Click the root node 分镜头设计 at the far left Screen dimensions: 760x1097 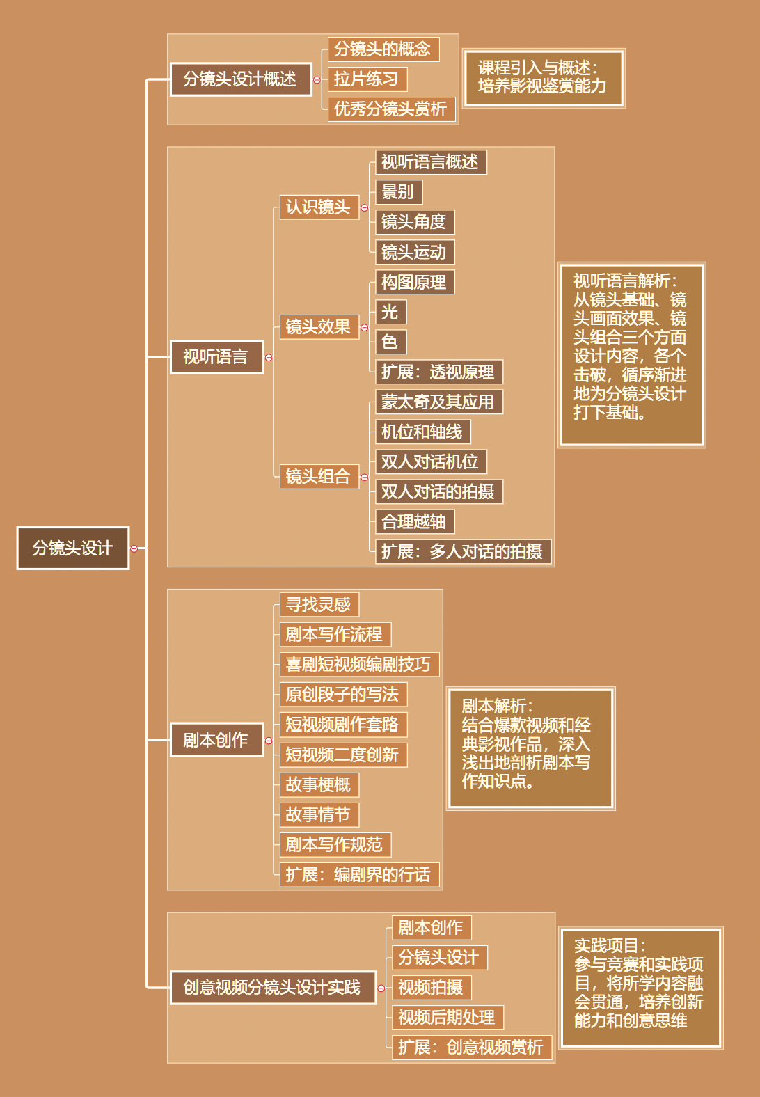[73, 548]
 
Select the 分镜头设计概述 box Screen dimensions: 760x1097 [241, 79]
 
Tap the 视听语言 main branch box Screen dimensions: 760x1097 [216, 357]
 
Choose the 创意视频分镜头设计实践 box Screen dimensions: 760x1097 [273, 988]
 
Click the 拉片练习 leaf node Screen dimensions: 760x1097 [367, 79]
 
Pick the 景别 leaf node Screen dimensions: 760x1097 [399, 192]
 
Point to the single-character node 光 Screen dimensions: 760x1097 [390, 312]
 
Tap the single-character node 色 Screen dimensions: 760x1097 [390, 342]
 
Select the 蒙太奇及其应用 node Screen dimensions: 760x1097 [438, 402]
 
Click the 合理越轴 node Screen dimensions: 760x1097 [415, 521]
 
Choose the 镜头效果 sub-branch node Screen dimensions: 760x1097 [319, 326]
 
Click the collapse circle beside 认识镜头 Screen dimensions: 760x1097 [364, 207]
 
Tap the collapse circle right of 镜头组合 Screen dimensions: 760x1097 [364, 477]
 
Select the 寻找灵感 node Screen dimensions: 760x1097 [319, 604]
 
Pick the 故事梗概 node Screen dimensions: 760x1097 [319, 784]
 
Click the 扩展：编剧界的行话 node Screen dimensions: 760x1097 [359, 874]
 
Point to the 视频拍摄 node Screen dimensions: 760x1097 [432, 987]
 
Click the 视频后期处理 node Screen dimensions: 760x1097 [448, 1017]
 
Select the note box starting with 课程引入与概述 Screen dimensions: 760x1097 [544, 78]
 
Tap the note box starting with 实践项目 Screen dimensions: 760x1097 [640, 987]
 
